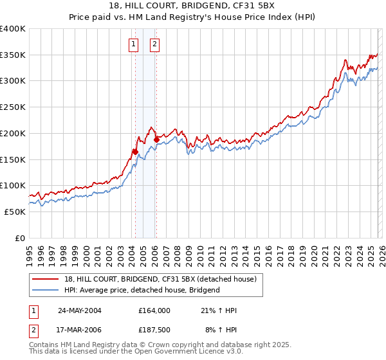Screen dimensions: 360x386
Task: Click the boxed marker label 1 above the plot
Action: (x=133, y=44)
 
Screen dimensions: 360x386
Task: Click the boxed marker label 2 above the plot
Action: (x=155, y=44)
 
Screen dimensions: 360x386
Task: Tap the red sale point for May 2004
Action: (x=135, y=152)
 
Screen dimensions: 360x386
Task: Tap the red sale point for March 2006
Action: (x=156, y=139)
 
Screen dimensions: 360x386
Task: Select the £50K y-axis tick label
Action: (x=15, y=212)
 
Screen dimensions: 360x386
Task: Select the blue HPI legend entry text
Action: (x=142, y=290)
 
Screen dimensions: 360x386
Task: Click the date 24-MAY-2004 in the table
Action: (x=80, y=310)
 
